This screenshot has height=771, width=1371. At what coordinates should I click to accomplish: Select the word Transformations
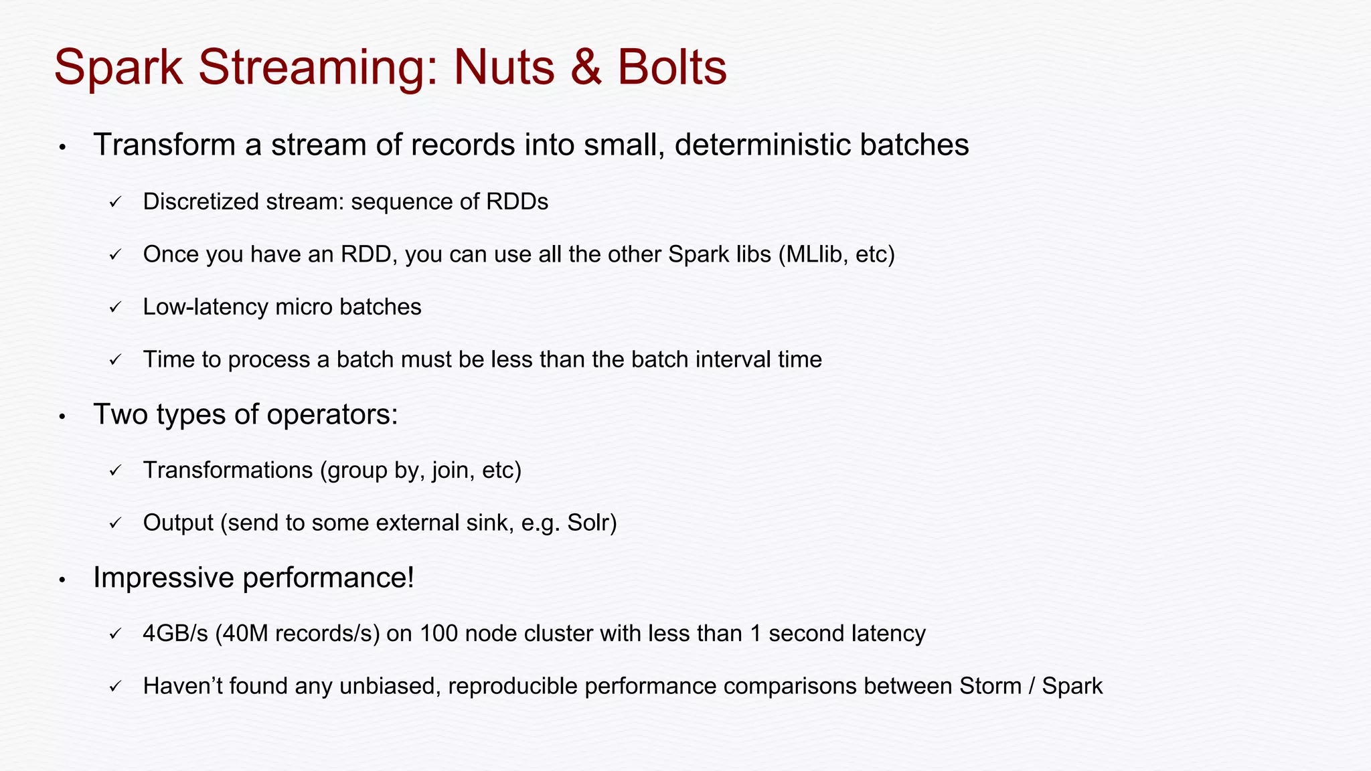228,470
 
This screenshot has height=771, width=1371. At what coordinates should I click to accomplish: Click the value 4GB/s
175,633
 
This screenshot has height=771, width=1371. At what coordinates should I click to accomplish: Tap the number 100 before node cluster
438,633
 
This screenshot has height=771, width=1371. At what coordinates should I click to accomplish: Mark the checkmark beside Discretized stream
115,202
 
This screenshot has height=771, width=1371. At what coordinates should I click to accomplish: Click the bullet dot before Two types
62,416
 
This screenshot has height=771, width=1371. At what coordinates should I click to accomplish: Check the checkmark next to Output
115,523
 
